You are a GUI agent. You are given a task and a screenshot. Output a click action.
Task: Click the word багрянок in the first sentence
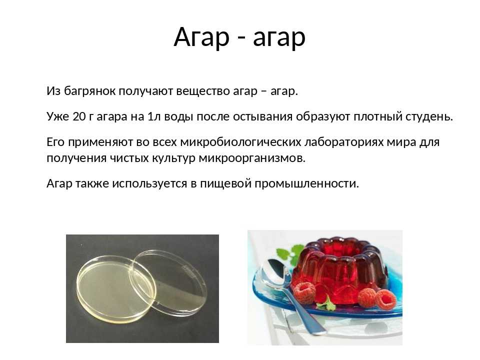pyautogui.click(x=89, y=91)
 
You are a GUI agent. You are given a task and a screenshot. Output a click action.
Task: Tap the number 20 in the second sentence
pyautogui.click(x=79, y=116)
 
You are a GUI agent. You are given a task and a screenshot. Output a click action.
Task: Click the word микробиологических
pyautogui.click(x=240, y=142)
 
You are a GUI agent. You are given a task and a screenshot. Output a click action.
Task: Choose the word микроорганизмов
pyautogui.click(x=252, y=158)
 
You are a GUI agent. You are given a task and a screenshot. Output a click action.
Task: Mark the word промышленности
pyautogui.click(x=306, y=184)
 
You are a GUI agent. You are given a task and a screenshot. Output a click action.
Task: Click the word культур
pyautogui.click(x=173, y=158)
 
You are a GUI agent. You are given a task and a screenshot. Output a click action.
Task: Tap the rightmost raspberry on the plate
pyautogui.click(x=385, y=299)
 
